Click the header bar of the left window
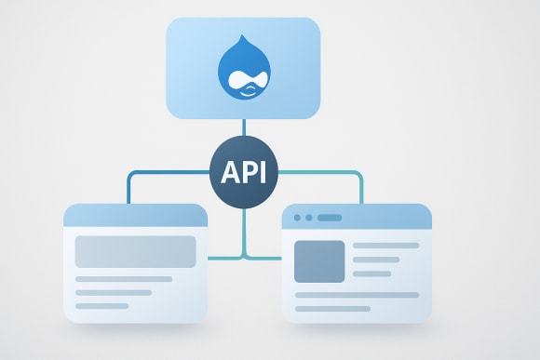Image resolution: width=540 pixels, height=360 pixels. (135, 216)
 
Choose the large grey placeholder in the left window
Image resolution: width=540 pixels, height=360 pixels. (135, 251)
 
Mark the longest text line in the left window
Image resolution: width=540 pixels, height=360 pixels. (124, 279)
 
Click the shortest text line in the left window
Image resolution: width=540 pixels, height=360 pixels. (101, 305)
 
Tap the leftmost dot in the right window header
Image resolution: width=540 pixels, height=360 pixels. (297, 218)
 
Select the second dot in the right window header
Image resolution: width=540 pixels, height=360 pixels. (308, 218)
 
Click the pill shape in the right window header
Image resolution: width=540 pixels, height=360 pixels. (330, 218)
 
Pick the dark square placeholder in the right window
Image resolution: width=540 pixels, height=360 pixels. (319, 261)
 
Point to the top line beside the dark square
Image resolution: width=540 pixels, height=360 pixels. (385, 246)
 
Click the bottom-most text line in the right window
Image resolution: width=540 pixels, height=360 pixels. (332, 308)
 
